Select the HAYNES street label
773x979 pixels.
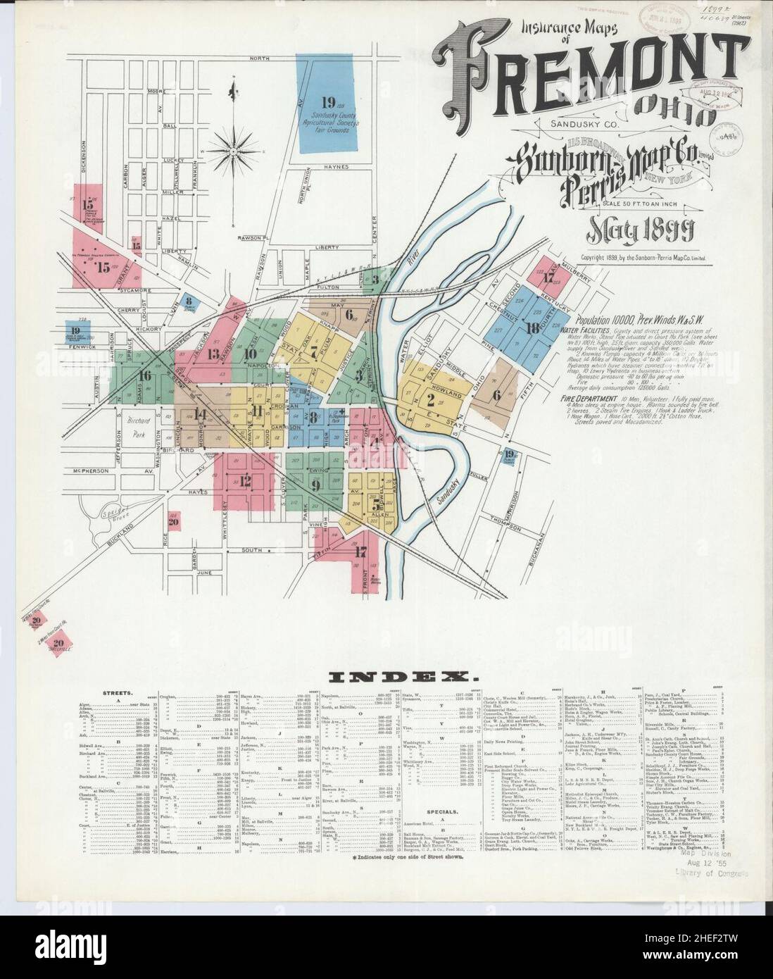pyautogui.click(x=337, y=167)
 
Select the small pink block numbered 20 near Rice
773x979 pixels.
pyautogui.click(x=173, y=522)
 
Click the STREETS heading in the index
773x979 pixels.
pyautogui.click(x=115, y=693)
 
